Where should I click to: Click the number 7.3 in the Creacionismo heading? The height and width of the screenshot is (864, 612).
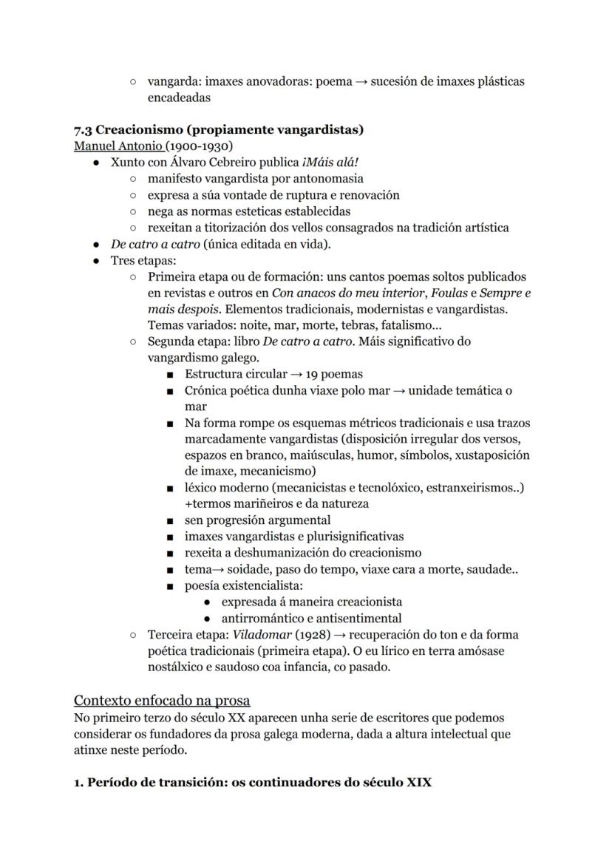(83, 130)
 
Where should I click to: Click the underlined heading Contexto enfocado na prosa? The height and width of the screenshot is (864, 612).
(162, 700)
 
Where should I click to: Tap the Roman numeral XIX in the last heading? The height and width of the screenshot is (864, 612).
(418, 781)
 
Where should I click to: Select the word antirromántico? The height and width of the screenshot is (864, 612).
(265, 619)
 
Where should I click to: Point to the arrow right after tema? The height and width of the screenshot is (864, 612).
(221, 570)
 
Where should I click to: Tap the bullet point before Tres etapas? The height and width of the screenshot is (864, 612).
(96, 261)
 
